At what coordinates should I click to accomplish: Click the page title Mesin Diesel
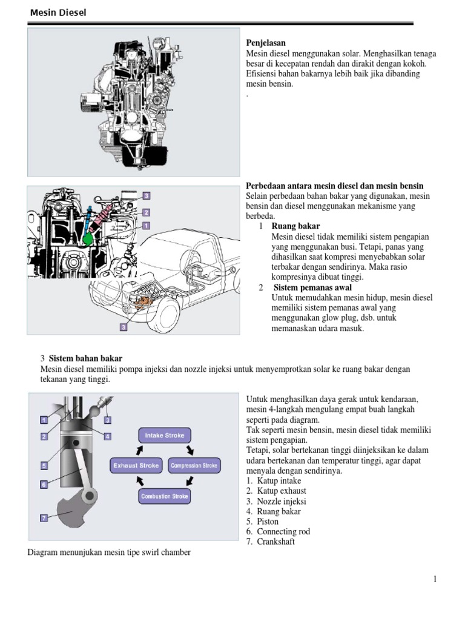pos(58,12)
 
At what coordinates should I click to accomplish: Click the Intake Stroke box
pos(165,435)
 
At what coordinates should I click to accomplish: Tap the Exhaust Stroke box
pos(136,466)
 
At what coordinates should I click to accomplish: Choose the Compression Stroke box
pos(194,466)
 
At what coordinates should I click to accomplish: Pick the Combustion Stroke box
pos(165,496)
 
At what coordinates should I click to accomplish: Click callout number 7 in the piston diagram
pos(44,517)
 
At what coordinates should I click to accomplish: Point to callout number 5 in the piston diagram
pos(44,466)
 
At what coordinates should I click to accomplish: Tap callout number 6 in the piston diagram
pos(44,484)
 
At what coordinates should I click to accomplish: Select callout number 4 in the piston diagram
pos(107,436)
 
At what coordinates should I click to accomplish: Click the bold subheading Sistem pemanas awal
pos(312,287)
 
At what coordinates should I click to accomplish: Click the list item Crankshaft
pos(276,542)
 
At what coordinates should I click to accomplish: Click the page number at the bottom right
pos(435,579)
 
